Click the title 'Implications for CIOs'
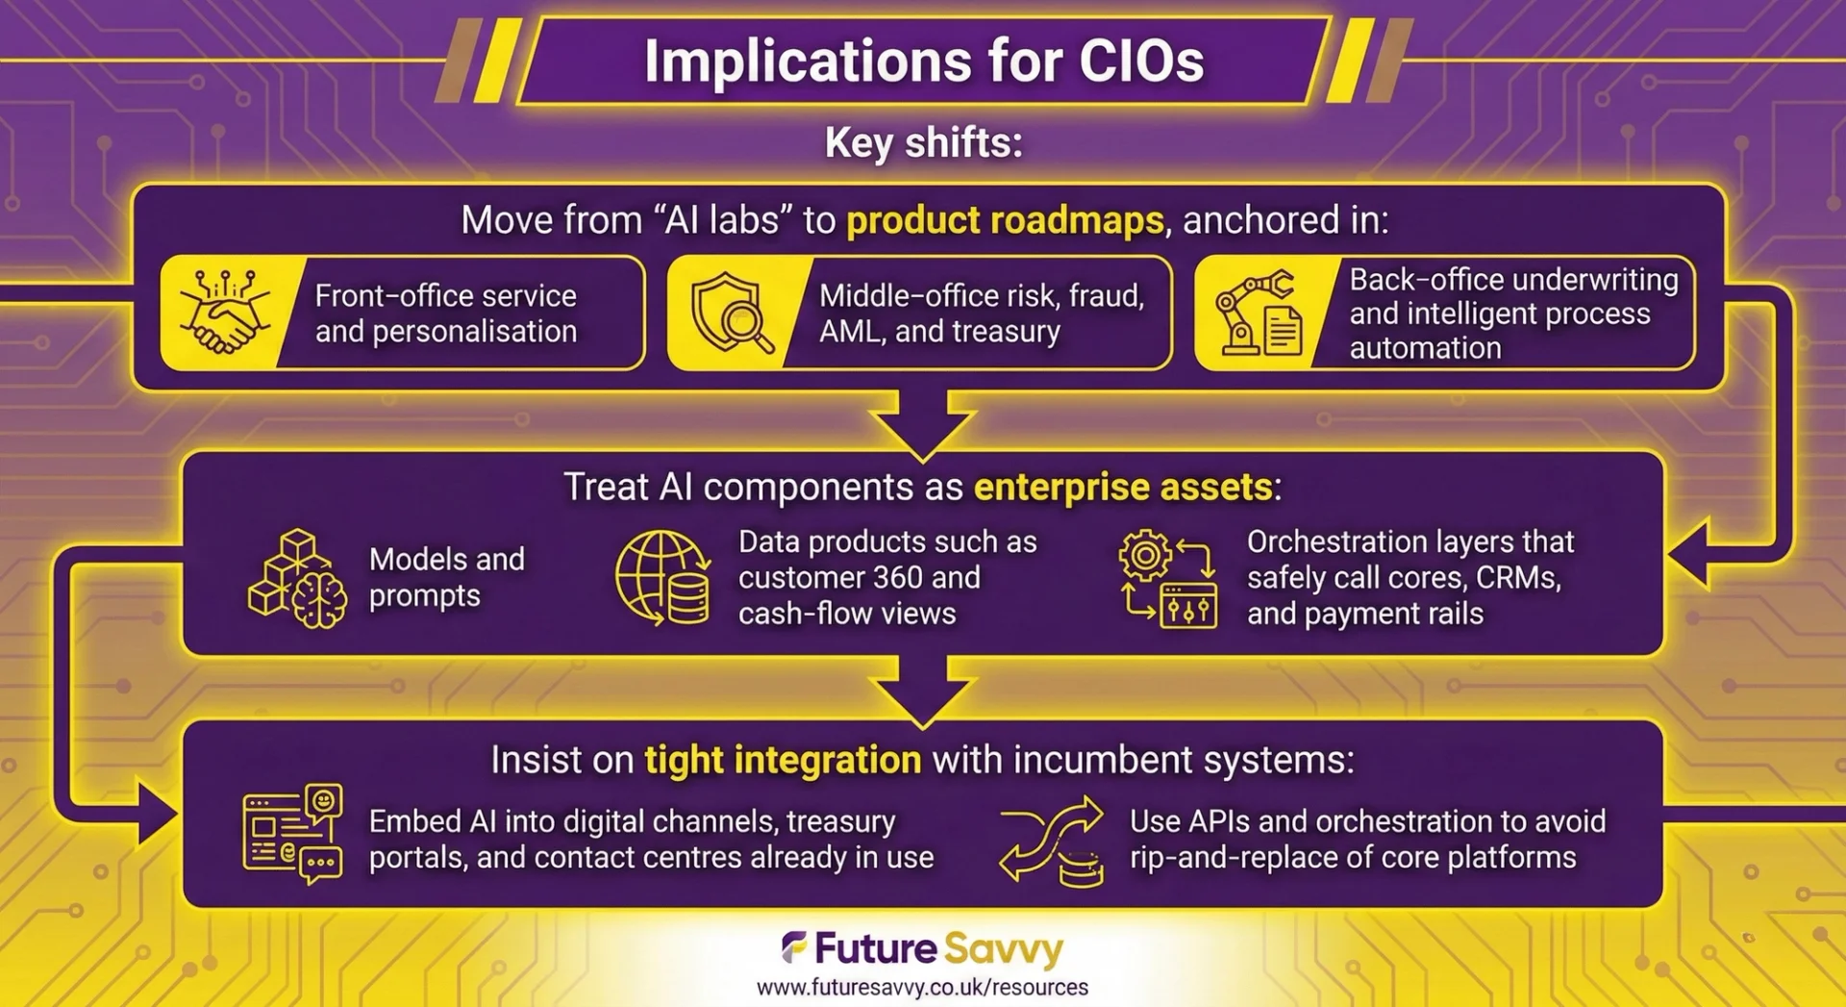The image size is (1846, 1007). tap(924, 62)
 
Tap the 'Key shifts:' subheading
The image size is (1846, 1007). tap(923, 143)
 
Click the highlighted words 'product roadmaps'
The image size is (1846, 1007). tap(1005, 220)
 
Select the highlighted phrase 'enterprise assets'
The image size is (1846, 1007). tap(1123, 487)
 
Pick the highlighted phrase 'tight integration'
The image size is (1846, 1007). tap(783, 760)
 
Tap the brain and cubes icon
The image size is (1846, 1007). tap(298, 578)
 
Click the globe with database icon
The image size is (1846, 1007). tap(663, 578)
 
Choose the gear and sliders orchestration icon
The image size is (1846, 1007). tap(1167, 578)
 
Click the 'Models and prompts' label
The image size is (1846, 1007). tap(447, 577)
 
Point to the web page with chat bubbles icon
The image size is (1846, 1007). tap(292, 834)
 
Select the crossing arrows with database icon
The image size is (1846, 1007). tap(1052, 840)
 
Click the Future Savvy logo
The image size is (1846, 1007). tap(922, 948)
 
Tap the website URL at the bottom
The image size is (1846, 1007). tap(922, 988)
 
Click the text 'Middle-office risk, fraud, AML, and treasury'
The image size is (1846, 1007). tap(982, 313)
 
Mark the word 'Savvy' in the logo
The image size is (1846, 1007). tap(1004, 950)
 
